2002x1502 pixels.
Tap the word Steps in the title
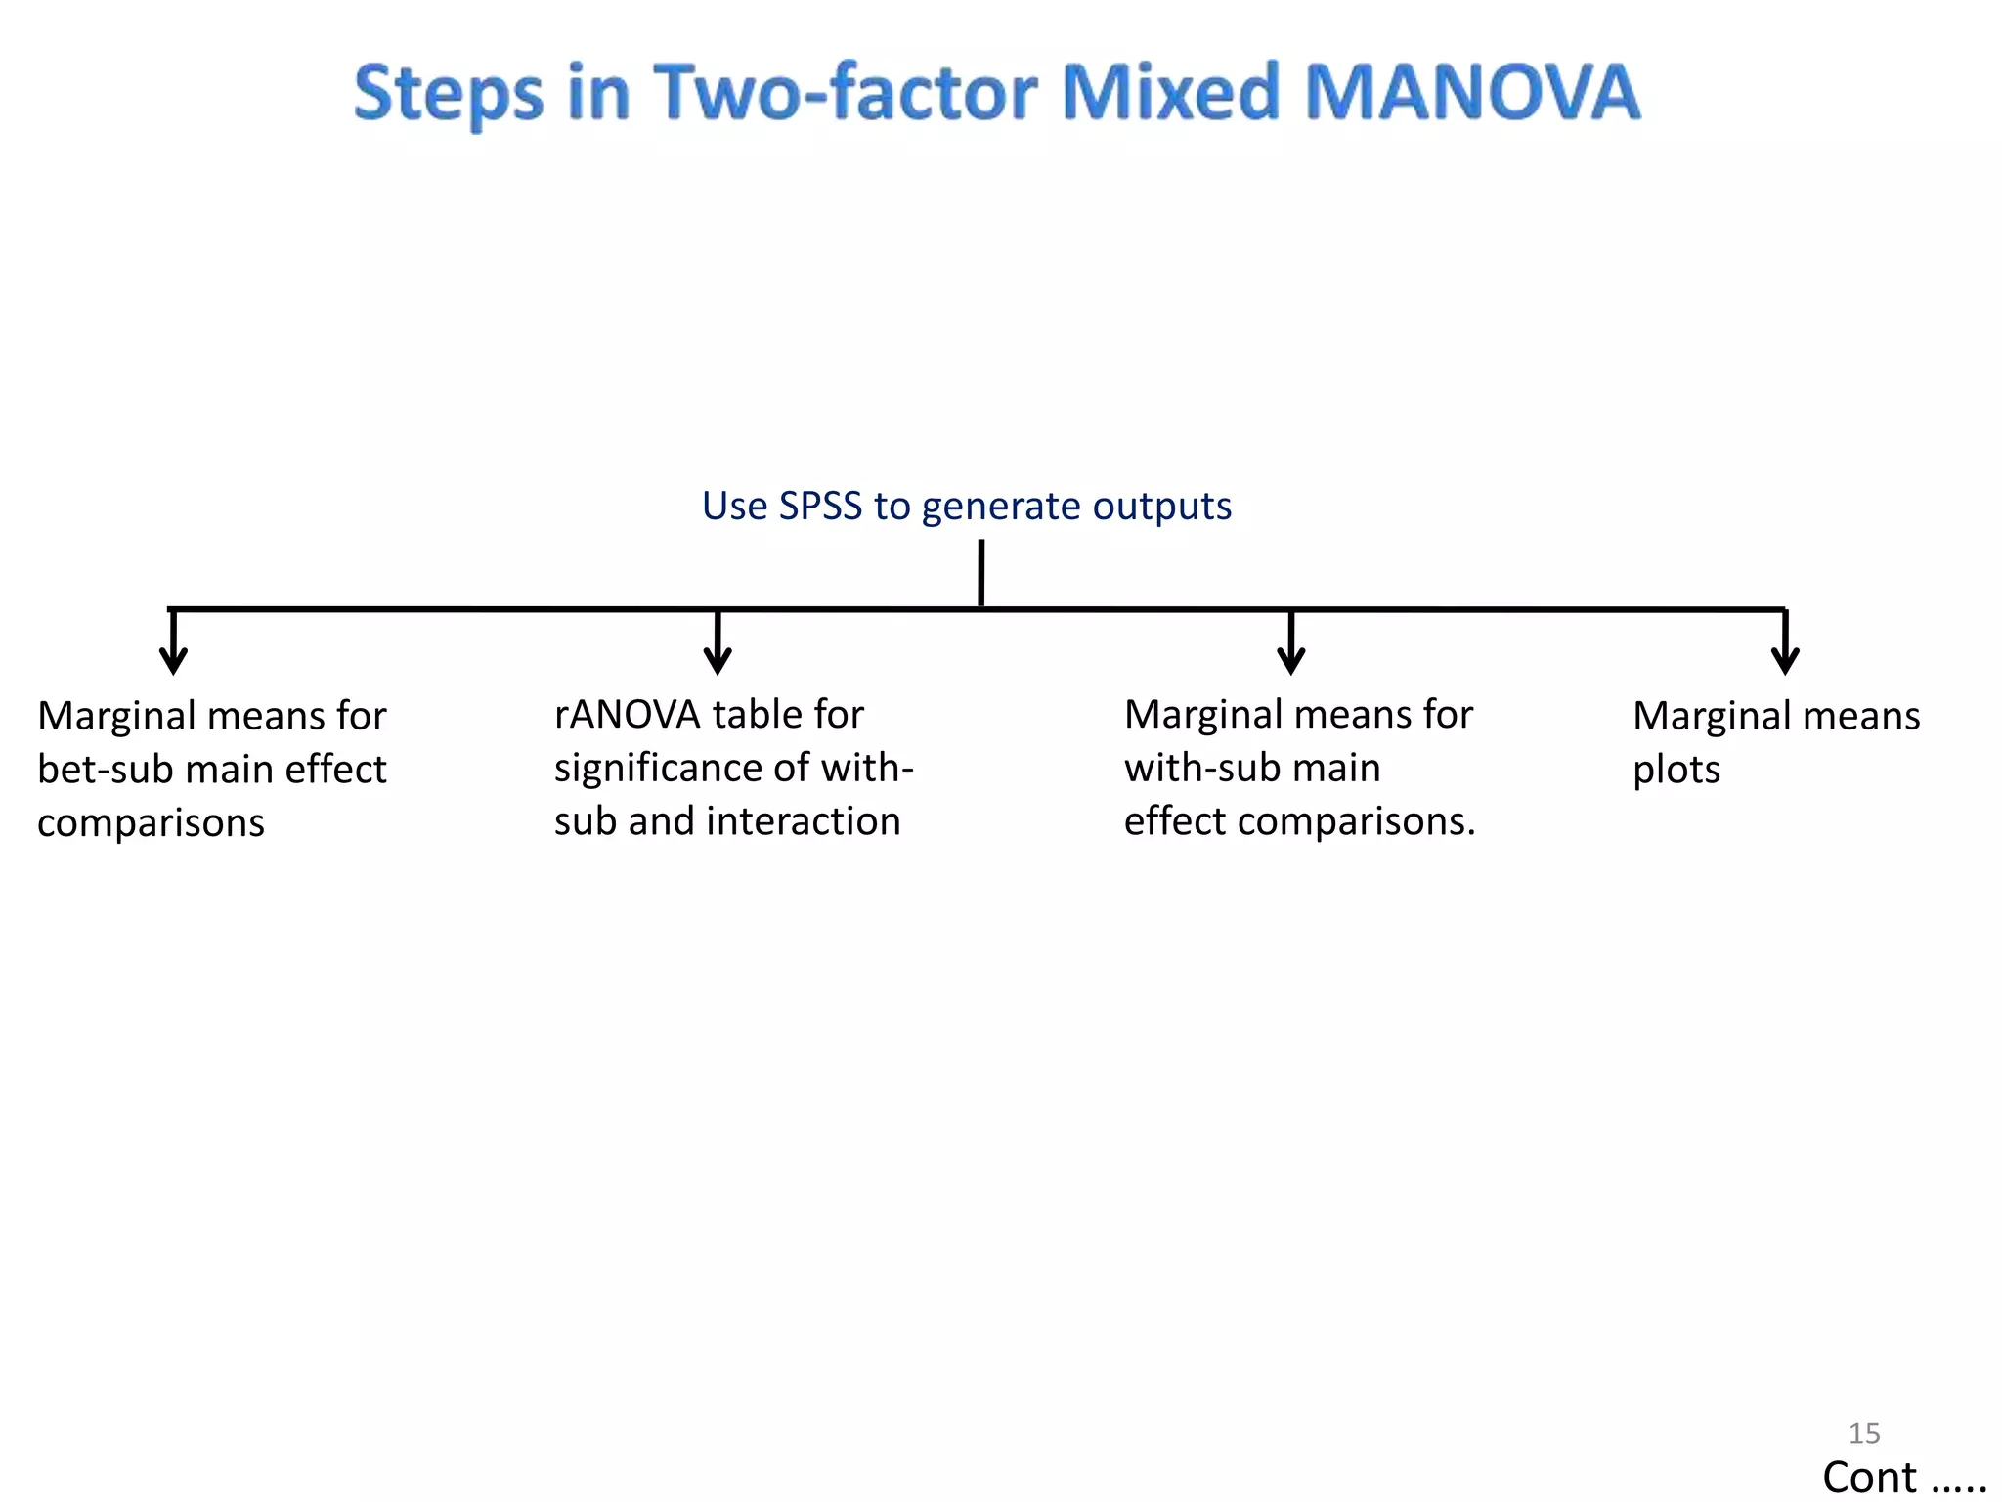tap(448, 94)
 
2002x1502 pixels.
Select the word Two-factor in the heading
tap(845, 92)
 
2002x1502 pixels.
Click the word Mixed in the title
tap(1169, 92)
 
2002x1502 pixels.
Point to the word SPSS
tap(820, 506)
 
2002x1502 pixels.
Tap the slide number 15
tap(1863, 1433)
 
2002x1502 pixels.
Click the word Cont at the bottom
tap(1868, 1477)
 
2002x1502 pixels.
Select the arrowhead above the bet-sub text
tap(173, 661)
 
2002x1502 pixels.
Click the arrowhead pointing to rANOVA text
tap(718, 661)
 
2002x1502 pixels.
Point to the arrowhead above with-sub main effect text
tap(1290, 661)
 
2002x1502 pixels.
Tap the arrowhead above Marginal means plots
tap(1785, 661)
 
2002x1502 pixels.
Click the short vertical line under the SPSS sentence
tap(980, 573)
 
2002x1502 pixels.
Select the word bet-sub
tap(105, 770)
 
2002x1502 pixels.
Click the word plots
tap(1676, 771)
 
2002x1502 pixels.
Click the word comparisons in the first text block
tap(151, 823)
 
